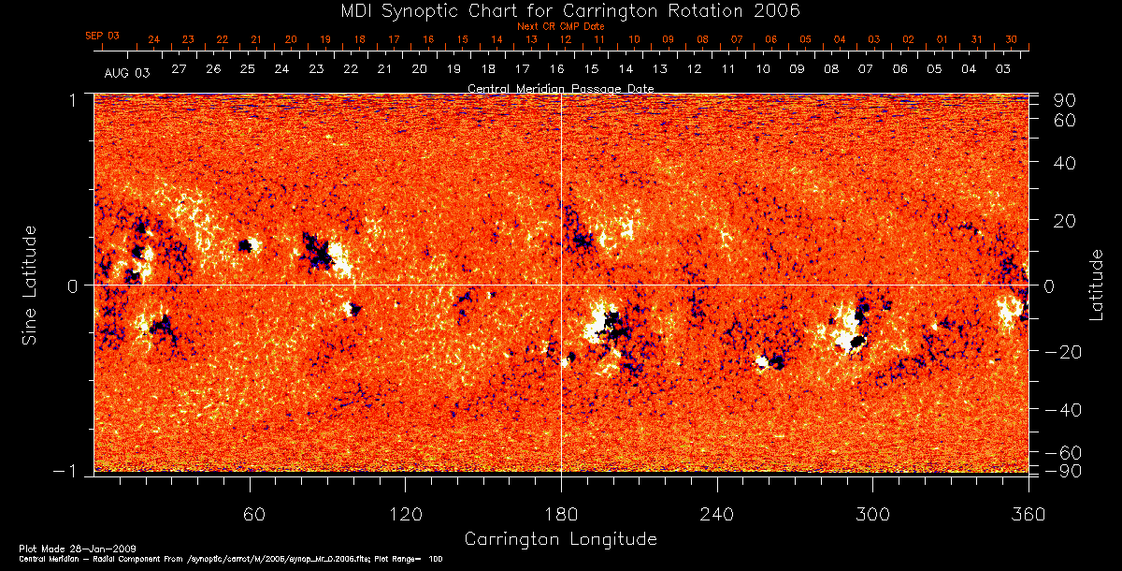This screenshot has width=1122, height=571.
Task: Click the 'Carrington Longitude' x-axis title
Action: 560,539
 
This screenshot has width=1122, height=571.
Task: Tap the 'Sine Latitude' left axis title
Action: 30,284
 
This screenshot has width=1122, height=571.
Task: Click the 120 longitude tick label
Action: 405,514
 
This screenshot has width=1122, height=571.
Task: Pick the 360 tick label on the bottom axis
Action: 1028,514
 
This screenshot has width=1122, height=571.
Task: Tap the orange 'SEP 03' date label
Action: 103,36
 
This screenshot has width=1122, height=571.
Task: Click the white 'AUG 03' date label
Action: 127,71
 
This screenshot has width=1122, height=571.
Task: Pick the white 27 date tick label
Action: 179,69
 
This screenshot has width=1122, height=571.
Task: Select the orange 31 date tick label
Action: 976,39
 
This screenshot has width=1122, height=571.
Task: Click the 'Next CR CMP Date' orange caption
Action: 560,26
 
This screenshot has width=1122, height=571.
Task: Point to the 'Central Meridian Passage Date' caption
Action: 560,88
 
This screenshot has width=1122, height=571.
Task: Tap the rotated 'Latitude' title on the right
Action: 1096,284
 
